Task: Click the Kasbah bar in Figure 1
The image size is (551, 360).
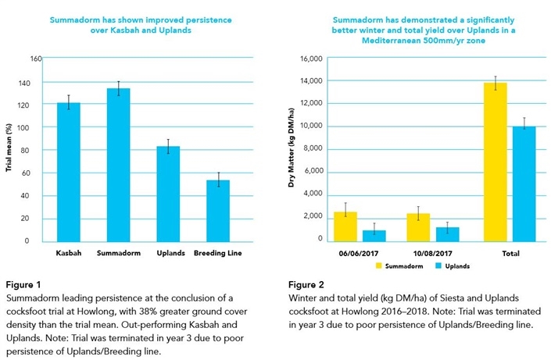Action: click(x=69, y=172)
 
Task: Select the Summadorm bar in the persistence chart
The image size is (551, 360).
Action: click(x=119, y=165)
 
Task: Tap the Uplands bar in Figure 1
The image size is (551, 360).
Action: click(x=168, y=194)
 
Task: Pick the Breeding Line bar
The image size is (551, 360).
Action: click(x=218, y=211)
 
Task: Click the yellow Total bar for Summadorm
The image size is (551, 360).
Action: click(x=496, y=162)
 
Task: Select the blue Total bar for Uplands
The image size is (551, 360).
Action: click(x=524, y=184)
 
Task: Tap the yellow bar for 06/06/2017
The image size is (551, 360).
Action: click(x=345, y=227)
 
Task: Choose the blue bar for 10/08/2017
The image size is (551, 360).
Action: click(x=448, y=234)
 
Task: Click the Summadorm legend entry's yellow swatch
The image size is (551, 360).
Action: click(x=379, y=266)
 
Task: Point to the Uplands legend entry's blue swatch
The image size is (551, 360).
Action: click(x=438, y=266)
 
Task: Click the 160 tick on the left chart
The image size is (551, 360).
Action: click(x=36, y=59)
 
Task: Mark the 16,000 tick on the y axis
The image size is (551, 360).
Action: click(x=311, y=59)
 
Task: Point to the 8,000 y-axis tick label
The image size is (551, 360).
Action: click(x=313, y=148)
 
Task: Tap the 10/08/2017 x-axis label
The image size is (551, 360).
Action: click(x=432, y=253)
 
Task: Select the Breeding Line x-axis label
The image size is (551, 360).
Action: click(x=218, y=253)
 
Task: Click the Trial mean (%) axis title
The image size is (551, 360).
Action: click(x=9, y=148)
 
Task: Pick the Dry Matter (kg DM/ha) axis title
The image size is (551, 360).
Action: click(x=291, y=148)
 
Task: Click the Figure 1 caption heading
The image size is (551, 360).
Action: click(x=23, y=284)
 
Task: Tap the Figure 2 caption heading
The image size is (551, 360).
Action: click(x=306, y=284)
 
